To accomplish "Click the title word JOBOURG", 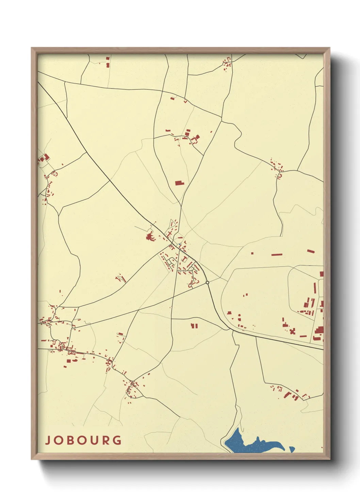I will [x=83, y=440].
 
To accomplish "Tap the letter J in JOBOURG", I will [x=47, y=440].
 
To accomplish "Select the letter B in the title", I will [x=71, y=440].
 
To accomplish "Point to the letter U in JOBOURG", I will [x=95, y=440].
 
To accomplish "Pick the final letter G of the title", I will [x=117, y=440].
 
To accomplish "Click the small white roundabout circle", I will [x=207, y=282].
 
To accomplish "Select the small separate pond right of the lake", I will [x=292, y=449].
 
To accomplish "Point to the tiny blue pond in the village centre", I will [x=179, y=244].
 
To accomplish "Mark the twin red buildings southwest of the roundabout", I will [x=194, y=326].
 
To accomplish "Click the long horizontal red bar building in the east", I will [x=277, y=254].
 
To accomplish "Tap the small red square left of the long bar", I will [x=252, y=253].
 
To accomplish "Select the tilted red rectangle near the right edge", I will [x=311, y=251].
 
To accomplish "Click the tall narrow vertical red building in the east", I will [x=315, y=288].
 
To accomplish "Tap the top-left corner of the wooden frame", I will [x=32, y=48].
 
